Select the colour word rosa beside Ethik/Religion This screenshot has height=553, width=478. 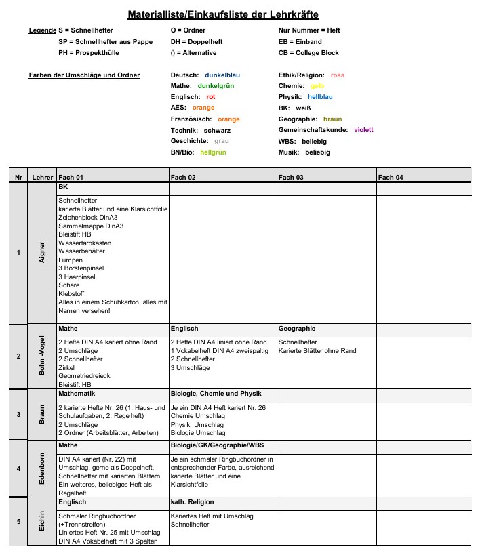coord(338,75)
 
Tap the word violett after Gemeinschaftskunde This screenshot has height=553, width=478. coord(363,130)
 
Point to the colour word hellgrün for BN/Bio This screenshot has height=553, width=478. coord(213,152)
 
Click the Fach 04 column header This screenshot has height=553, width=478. coord(391,177)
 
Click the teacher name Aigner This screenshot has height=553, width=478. coord(42,253)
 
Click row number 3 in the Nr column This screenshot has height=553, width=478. coord(18,414)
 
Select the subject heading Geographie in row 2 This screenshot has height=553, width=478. coord(297,328)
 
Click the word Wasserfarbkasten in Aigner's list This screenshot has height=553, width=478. coord(85,243)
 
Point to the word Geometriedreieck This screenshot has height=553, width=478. coord(84,375)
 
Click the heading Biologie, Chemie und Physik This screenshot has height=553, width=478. coord(216,394)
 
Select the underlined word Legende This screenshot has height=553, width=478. coord(42,31)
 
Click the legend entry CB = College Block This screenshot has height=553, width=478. coord(309,53)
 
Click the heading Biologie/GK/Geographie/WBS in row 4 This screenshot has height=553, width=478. coord(218,445)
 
